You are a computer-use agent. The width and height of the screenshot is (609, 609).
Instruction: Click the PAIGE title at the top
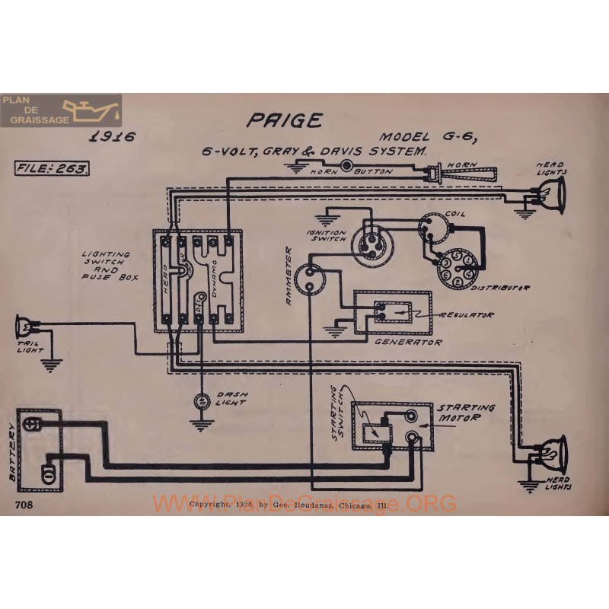(284, 120)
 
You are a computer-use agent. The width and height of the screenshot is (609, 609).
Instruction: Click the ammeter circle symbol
(311, 276)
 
